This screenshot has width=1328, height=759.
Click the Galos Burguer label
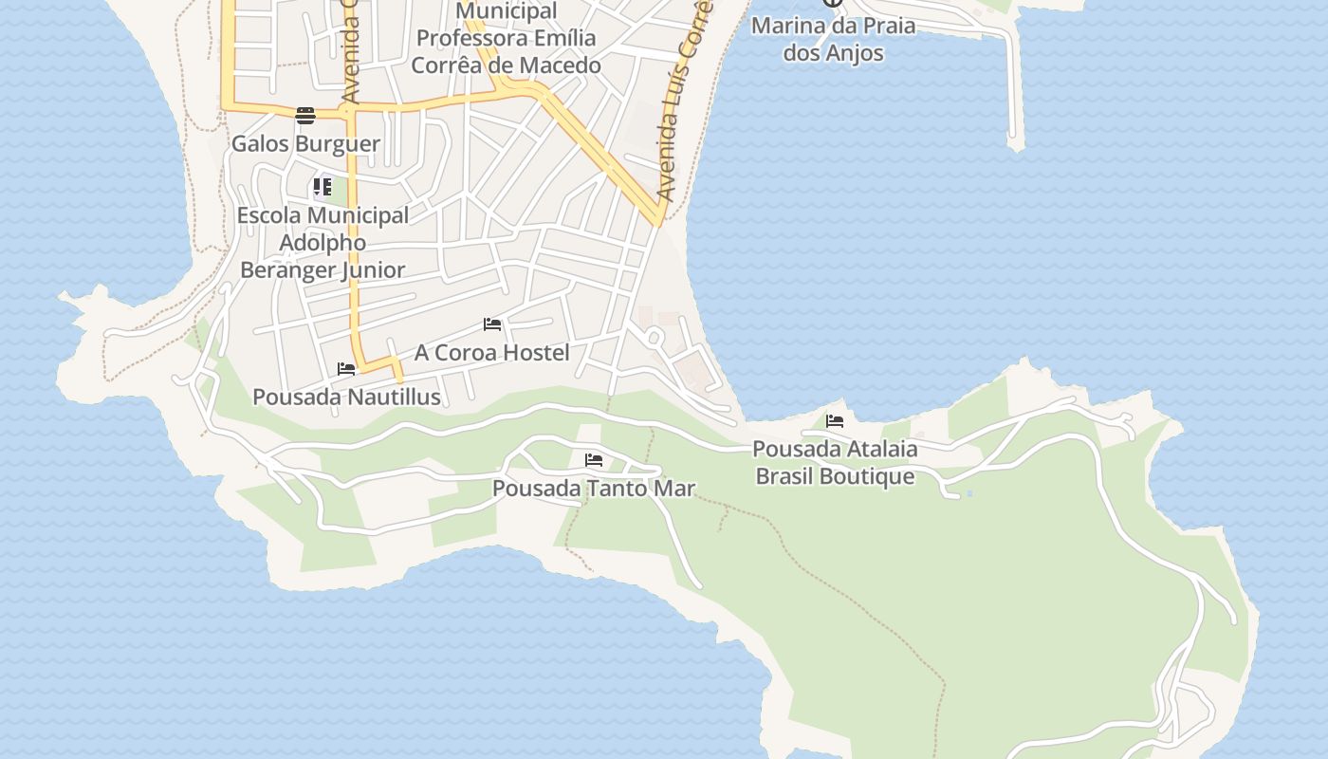click(x=305, y=144)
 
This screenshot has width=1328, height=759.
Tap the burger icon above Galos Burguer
click(x=305, y=116)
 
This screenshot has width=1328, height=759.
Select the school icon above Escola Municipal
click(x=323, y=186)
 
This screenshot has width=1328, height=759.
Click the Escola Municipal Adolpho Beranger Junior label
click(x=323, y=243)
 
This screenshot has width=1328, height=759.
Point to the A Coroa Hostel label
click(x=491, y=353)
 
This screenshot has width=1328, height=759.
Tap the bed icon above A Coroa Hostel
click(x=492, y=324)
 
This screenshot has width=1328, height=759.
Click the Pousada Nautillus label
click(x=346, y=397)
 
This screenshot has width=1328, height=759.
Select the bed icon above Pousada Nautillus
click(x=346, y=369)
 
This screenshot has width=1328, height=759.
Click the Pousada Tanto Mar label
click(x=594, y=489)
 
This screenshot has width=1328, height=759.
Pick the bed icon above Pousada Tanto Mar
click(x=594, y=460)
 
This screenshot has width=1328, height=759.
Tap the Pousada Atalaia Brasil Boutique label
click(x=835, y=462)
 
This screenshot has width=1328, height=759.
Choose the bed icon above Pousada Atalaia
click(x=835, y=421)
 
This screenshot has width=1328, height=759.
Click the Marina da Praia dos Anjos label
click(x=833, y=39)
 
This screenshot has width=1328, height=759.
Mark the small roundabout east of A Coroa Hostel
click(x=654, y=337)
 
